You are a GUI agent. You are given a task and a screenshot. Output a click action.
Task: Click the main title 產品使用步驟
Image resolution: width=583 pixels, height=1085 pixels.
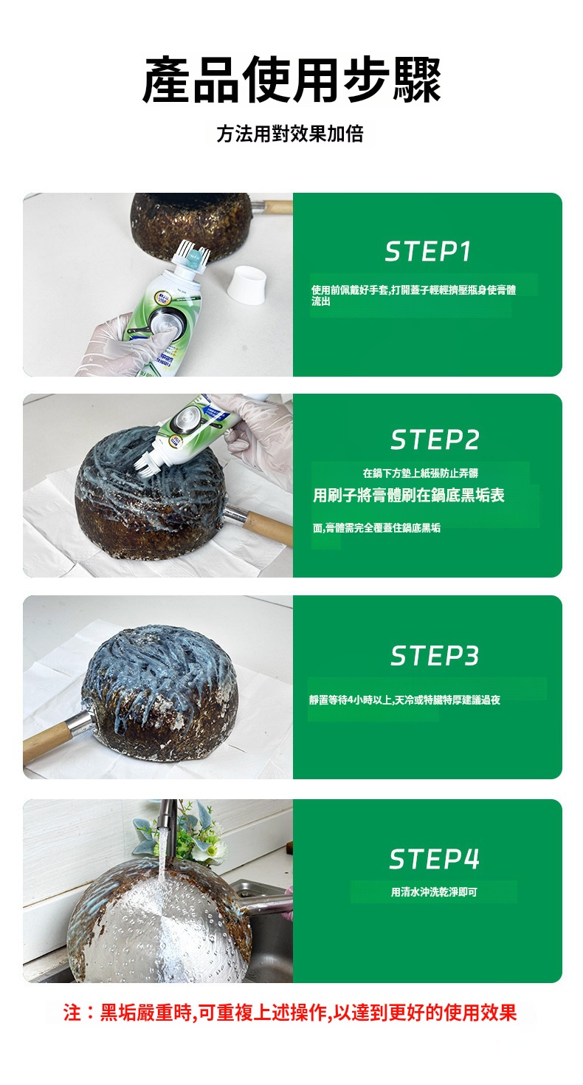[291, 80]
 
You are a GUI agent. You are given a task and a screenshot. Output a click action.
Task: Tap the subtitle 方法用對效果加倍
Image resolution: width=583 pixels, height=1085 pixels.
[290, 134]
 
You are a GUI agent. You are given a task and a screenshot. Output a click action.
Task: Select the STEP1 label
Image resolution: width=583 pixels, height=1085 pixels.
[428, 251]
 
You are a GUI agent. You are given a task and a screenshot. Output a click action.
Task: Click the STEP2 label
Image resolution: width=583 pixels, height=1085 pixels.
[435, 439]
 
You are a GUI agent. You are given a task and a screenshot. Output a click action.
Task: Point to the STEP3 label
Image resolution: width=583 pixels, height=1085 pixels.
[435, 655]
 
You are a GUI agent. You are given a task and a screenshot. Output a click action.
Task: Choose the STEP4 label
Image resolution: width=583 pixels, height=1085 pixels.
[434, 859]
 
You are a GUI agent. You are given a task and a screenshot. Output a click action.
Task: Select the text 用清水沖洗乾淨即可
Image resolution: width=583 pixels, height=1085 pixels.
[434, 891]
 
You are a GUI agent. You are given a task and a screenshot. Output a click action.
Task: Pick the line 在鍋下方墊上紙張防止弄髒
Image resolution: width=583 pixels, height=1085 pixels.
[421, 473]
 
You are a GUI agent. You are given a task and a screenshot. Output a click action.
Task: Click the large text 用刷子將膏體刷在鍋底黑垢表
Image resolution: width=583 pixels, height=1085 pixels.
[409, 495]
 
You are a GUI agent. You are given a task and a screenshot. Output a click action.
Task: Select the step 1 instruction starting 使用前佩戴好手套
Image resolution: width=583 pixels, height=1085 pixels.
[414, 295]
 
